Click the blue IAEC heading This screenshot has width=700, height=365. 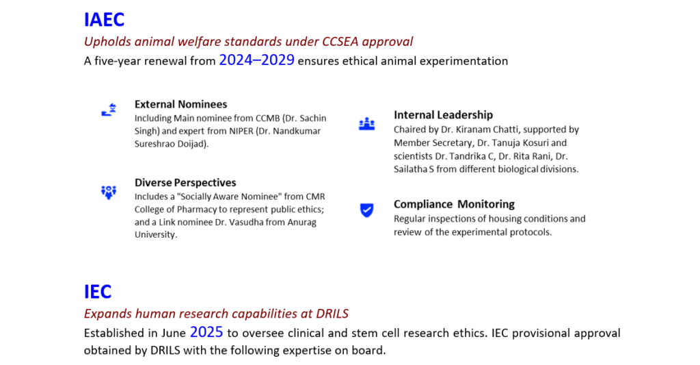[104, 20]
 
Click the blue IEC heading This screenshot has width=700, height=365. [97, 292]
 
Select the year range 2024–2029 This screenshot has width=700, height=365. [257, 60]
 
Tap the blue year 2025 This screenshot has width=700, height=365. [206, 332]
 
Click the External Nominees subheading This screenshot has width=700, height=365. [180, 104]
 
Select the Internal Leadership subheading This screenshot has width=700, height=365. [443, 115]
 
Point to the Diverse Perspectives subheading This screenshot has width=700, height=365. [185, 182]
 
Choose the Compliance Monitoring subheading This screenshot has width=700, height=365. [454, 205]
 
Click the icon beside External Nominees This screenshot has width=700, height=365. [109, 110]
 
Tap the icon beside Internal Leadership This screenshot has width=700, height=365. [367, 124]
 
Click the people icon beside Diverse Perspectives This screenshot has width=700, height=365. [109, 192]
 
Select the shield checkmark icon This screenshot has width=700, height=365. [367, 210]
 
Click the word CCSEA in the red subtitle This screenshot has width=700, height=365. [340, 42]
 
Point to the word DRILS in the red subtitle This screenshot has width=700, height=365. [332, 314]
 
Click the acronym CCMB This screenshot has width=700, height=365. [267, 118]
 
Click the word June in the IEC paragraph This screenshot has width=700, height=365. [174, 333]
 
